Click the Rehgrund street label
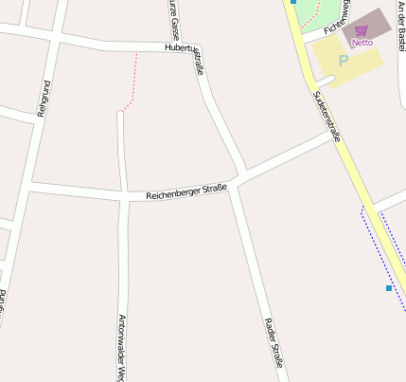pyautogui.click(x=42, y=99)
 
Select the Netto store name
pyautogui.click(x=362, y=43)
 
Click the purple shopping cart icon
pyautogui.click(x=362, y=31)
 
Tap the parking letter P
pyautogui.click(x=343, y=61)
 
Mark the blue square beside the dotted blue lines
pyautogui.click(x=388, y=287)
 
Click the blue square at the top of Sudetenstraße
pyautogui.click(x=293, y=2)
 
